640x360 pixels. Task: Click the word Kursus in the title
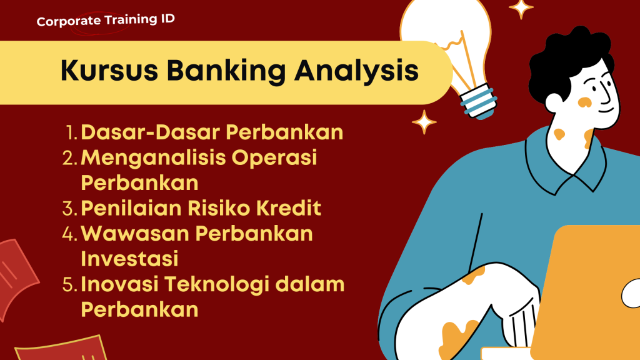pyautogui.click(x=109, y=70)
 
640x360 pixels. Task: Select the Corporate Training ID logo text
pyautogui.click(x=106, y=20)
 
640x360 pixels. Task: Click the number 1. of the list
pyautogui.click(x=71, y=132)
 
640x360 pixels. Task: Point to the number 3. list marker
pyautogui.click(x=70, y=209)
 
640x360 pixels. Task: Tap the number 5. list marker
pyautogui.click(x=70, y=284)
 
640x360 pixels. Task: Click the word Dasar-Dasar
pyautogui.click(x=151, y=132)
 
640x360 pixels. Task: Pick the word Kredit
pyautogui.click(x=289, y=207)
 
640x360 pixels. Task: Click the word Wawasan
pyautogui.click(x=135, y=234)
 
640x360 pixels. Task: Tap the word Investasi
pyautogui.click(x=129, y=259)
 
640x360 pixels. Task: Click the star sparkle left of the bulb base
pyautogui.click(x=424, y=122)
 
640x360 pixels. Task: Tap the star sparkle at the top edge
pyautogui.click(x=521, y=8)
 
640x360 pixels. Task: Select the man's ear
pyautogui.click(x=554, y=103)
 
